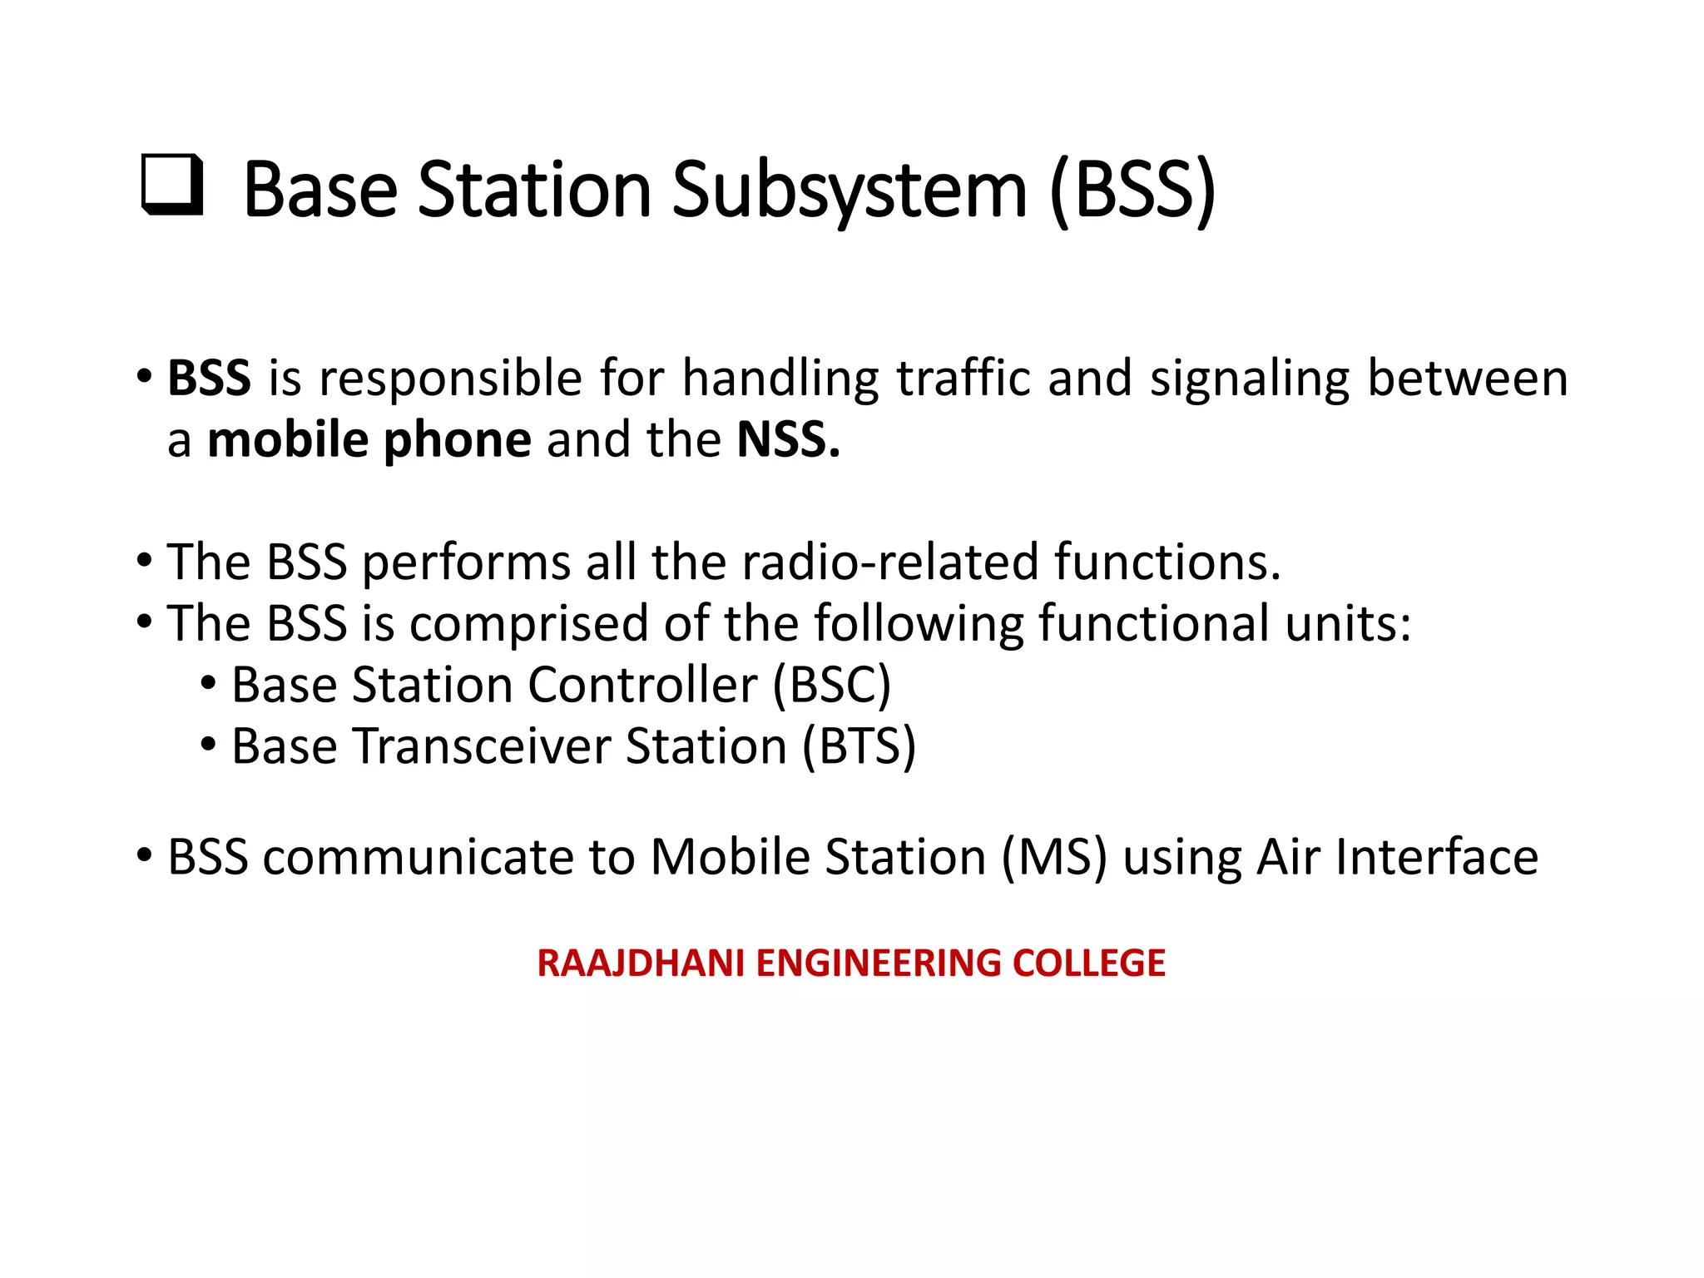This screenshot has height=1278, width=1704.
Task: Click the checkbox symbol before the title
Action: click(x=172, y=185)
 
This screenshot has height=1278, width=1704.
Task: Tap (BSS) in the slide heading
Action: click(x=1132, y=191)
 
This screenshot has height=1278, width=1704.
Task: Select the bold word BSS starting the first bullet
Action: click(x=209, y=379)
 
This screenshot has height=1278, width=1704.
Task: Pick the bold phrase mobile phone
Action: click(x=369, y=440)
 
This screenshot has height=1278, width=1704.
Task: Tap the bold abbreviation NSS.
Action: click(x=787, y=440)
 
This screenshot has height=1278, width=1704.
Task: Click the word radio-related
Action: click(x=889, y=562)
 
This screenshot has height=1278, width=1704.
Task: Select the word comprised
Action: click(x=528, y=624)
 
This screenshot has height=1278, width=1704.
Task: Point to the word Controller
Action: click(x=641, y=686)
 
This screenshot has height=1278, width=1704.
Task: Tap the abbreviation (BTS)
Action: click(x=859, y=746)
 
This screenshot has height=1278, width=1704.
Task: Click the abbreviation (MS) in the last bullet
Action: click(x=1054, y=858)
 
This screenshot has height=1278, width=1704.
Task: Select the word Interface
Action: click(x=1437, y=858)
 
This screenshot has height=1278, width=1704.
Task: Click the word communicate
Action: click(x=418, y=858)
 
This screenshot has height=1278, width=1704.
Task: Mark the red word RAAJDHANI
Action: click(x=640, y=963)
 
